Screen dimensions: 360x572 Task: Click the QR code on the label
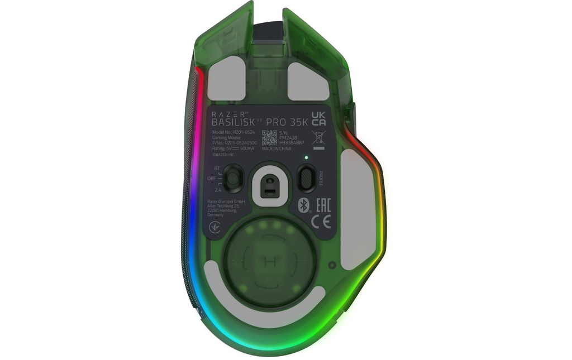click(x=269, y=138)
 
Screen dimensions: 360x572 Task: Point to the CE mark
click(x=323, y=222)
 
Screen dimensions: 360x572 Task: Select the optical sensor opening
click(x=269, y=183)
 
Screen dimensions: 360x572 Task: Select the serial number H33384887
click(x=292, y=143)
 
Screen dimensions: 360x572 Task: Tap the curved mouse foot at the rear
click(x=263, y=296)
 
